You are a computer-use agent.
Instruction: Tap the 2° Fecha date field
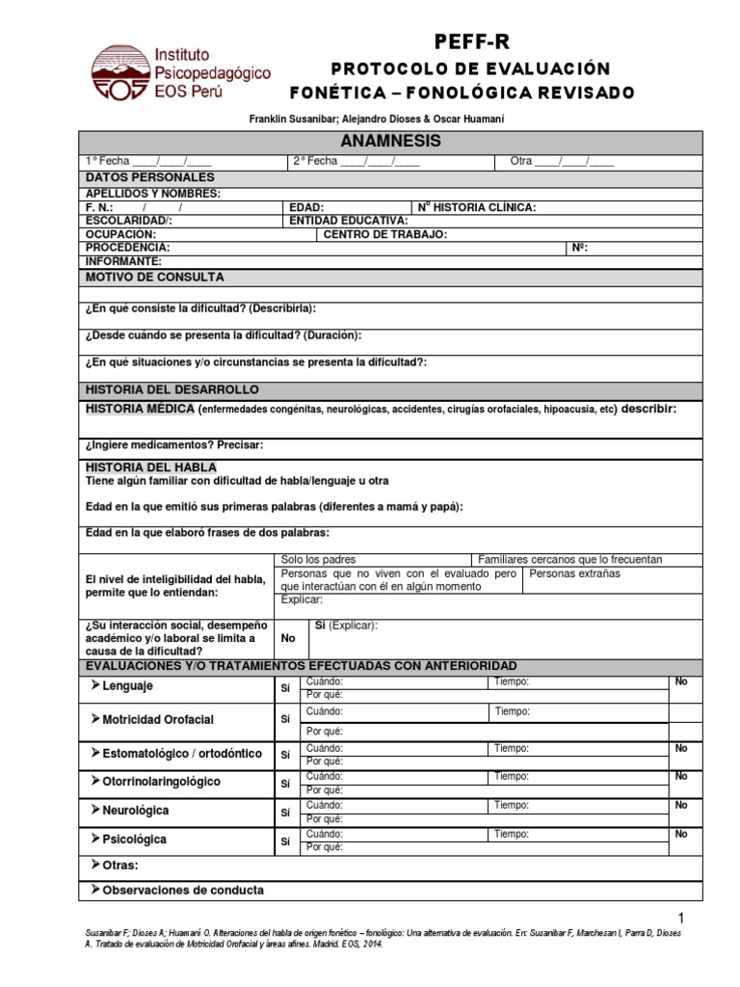coord(356,162)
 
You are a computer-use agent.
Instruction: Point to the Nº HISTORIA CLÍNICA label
coord(477,207)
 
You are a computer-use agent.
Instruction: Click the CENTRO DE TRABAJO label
coord(385,234)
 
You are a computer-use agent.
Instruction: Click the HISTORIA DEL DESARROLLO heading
coord(172,389)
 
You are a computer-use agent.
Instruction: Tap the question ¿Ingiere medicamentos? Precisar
coord(173,445)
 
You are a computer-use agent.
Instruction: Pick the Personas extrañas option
coord(575,574)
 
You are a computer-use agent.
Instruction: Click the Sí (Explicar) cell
coord(347,626)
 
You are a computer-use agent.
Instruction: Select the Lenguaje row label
coord(126,686)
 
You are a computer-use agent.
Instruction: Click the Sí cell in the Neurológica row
coord(285,812)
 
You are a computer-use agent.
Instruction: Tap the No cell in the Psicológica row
coord(681,834)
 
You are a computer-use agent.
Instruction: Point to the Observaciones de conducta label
coord(182,891)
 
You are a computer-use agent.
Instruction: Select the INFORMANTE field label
coord(123,261)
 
